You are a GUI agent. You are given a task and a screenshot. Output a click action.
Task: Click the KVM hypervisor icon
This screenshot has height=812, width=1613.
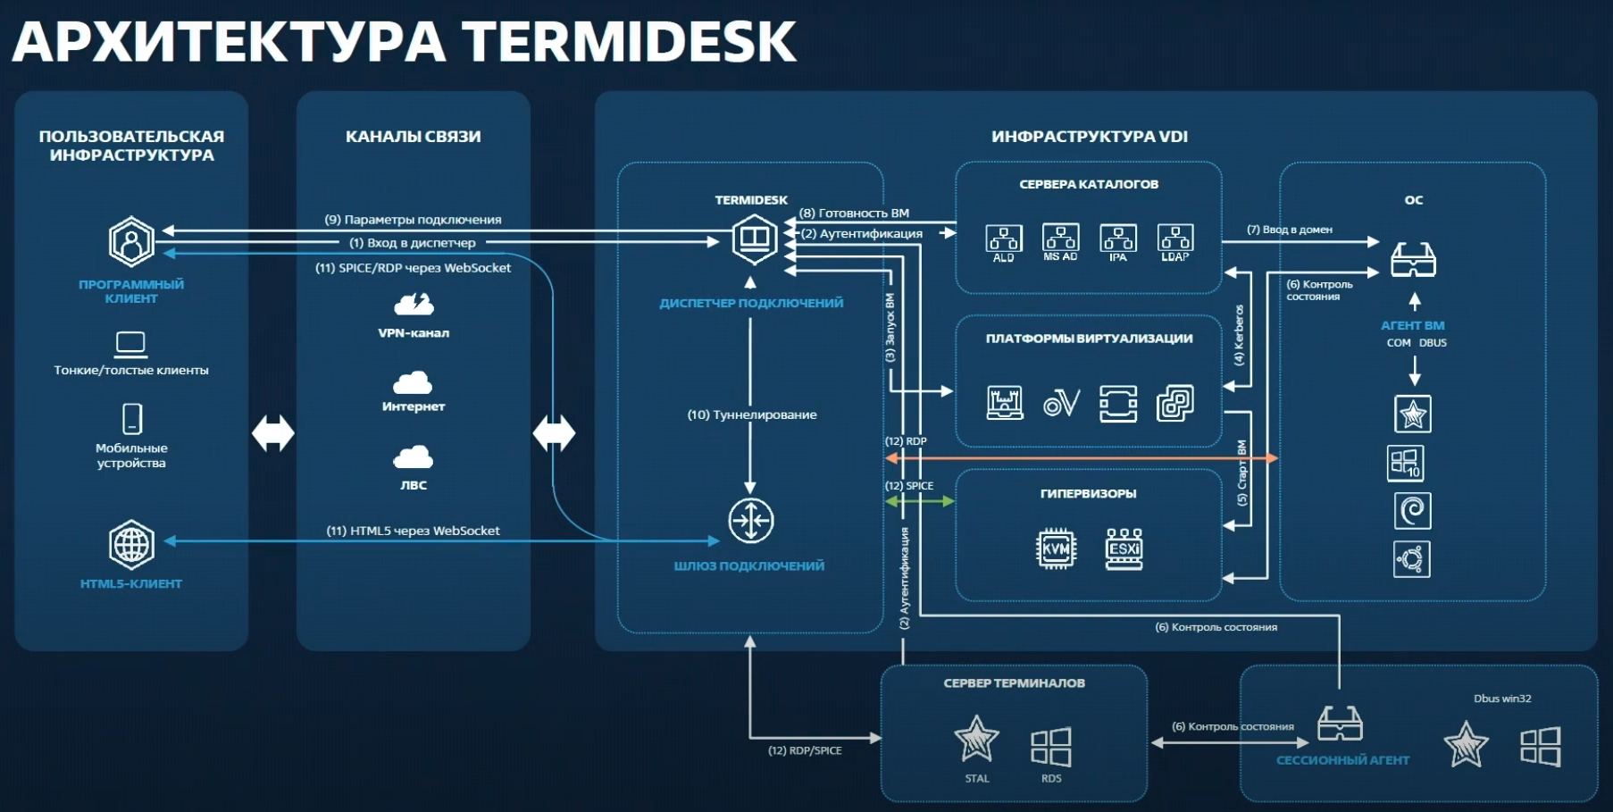(x=1056, y=548)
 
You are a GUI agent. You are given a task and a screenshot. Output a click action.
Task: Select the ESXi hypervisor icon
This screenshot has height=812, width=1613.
(x=1124, y=548)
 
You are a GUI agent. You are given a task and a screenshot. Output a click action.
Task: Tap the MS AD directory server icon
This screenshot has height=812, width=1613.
(x=1060, y=239)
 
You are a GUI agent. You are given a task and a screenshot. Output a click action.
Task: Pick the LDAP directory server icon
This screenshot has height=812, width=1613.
(x=1174, y=239)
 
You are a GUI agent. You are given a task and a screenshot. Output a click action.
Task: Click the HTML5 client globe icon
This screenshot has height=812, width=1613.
(x=131, y=544)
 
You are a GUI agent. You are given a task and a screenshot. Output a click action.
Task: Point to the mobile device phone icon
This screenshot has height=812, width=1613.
(x=131, y=418)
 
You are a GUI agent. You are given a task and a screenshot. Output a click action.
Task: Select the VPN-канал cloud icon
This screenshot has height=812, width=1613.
(x=414, y=306)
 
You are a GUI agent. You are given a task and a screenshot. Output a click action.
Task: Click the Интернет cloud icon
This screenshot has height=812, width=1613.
(x=413, y=382)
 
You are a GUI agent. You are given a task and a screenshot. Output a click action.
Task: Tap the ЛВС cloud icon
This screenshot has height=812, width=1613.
(x=413, y=457)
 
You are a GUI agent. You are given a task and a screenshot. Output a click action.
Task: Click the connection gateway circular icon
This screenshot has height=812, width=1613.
(x=750, y=521)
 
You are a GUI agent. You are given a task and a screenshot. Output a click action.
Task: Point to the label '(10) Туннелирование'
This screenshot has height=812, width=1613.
(x=752, y=414)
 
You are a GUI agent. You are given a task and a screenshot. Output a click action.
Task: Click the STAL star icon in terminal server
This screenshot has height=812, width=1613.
(x=976, y=740)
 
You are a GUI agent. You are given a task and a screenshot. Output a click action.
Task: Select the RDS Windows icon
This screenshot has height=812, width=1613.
(x=1050, y=747)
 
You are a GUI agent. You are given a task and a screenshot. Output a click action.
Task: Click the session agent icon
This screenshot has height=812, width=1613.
(x=1340, y=724)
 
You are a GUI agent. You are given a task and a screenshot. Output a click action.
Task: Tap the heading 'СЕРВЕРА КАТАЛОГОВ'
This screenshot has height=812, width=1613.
(x=1089, y=184)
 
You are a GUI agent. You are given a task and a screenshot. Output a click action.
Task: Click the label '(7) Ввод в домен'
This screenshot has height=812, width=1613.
(x=1289, y=230)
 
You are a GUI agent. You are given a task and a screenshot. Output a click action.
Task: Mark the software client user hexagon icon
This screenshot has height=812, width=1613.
(x=131, y=242)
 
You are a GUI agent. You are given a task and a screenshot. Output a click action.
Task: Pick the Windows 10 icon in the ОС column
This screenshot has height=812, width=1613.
(x=1405, y=463)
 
